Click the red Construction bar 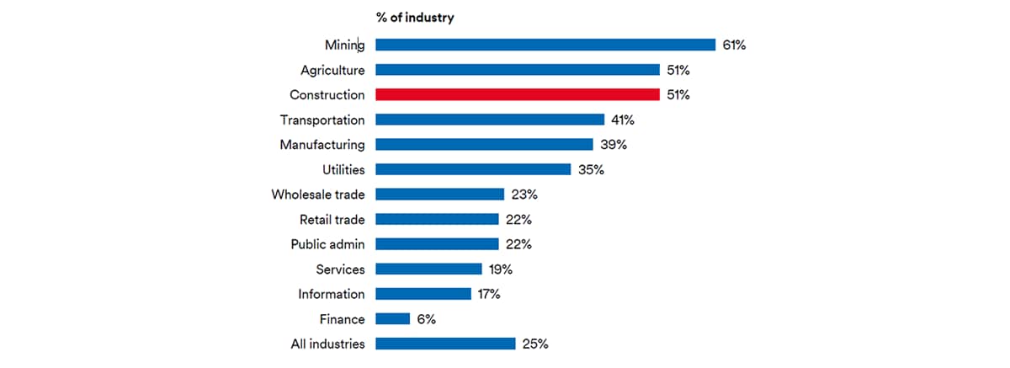point(517,95)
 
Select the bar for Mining point(545,45)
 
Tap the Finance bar point(392,319)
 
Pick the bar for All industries point(444,344)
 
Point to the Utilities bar point(472,169)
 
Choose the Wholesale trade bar point(439,195)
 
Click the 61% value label point(734,45)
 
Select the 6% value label point(427,319)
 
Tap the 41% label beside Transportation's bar point(623,120)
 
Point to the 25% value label point(534,344)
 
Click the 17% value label point(489,294)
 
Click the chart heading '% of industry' point(415,18)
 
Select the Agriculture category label point(332,70)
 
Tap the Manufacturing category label point(322,145)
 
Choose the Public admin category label point(328,244)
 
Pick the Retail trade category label point(332,220)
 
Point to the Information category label point(332,294)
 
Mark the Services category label point(341,269)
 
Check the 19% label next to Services point(500,269)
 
